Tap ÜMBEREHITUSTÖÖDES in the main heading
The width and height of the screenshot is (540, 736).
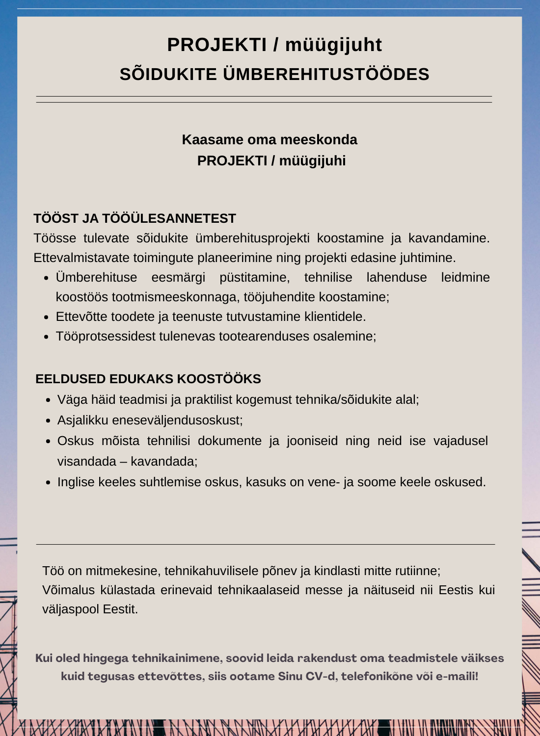[326, 74]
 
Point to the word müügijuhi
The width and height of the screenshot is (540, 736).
[316, 160]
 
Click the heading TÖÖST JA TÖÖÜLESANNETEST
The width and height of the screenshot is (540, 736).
[135, 218]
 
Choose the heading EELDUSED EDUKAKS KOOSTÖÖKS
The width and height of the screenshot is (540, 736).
[148, 379]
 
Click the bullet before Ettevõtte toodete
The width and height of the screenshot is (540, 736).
[46, 317]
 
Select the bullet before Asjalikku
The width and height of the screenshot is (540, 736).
[48, 421]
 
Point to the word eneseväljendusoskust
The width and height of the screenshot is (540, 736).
[177, 420]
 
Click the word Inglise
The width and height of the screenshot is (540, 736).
[76, 482]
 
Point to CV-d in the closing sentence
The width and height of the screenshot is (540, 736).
[321, 676]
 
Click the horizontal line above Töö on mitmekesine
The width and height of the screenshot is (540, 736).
[265, 544]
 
